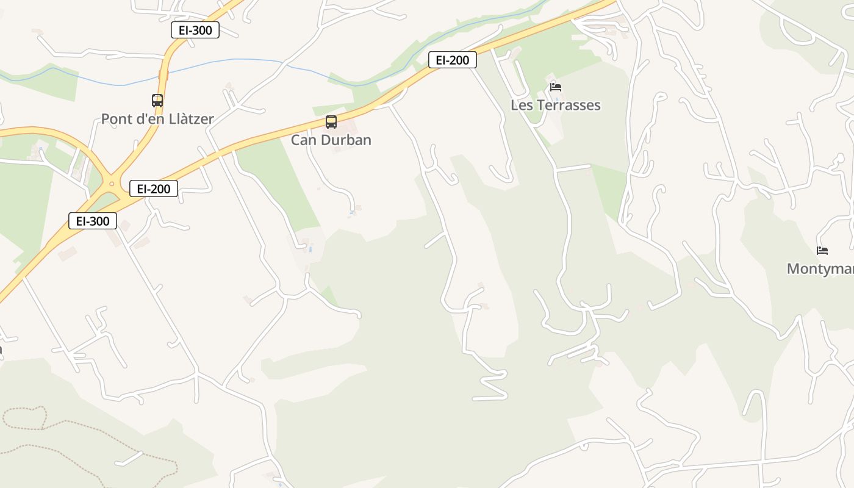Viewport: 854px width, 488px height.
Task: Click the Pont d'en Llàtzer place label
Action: click(157, 119)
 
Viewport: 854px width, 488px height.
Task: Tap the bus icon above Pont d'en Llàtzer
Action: click(157, 101)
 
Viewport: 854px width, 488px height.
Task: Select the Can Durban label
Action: click(331, 140)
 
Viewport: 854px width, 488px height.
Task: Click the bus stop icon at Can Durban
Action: click(331, 122)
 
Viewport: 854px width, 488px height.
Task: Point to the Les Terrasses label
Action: click(555, 105)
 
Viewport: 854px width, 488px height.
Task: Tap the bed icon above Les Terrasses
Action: click(555, 87)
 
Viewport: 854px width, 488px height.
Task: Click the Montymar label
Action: click(820, 268)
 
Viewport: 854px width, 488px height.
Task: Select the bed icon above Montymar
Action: click(822, 250)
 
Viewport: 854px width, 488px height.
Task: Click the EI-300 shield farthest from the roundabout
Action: click(195, 30)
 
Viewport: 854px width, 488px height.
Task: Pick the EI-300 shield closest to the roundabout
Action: click(92, 221)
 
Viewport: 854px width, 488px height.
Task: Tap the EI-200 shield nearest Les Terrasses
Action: click(452, 60)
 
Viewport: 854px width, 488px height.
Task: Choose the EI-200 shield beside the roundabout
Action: click(153, 188)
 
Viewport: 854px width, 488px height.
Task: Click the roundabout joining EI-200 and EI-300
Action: click(111, 183)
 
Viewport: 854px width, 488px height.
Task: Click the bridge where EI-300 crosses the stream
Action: click(163, 75)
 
